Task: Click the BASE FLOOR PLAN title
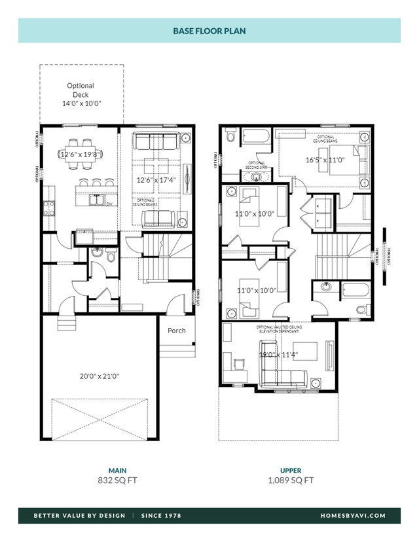click(x=209, y=31)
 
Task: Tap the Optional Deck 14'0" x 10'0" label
click(x=81, y=94)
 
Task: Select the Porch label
click(x=176, y=331)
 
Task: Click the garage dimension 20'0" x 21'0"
click(x=99, y=376)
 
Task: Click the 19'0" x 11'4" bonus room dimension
click(x=278, y=355)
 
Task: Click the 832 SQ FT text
click(x=117, y=480)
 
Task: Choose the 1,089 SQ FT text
click(x=291, y=480)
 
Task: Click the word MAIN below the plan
click(x=117, y=470)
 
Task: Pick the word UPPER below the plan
click(x=291, y=470)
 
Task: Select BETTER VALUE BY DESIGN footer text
click(x=79, y=516)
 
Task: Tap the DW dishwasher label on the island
click(x=109, y=204)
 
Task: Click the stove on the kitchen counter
click(x=48, y=208)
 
